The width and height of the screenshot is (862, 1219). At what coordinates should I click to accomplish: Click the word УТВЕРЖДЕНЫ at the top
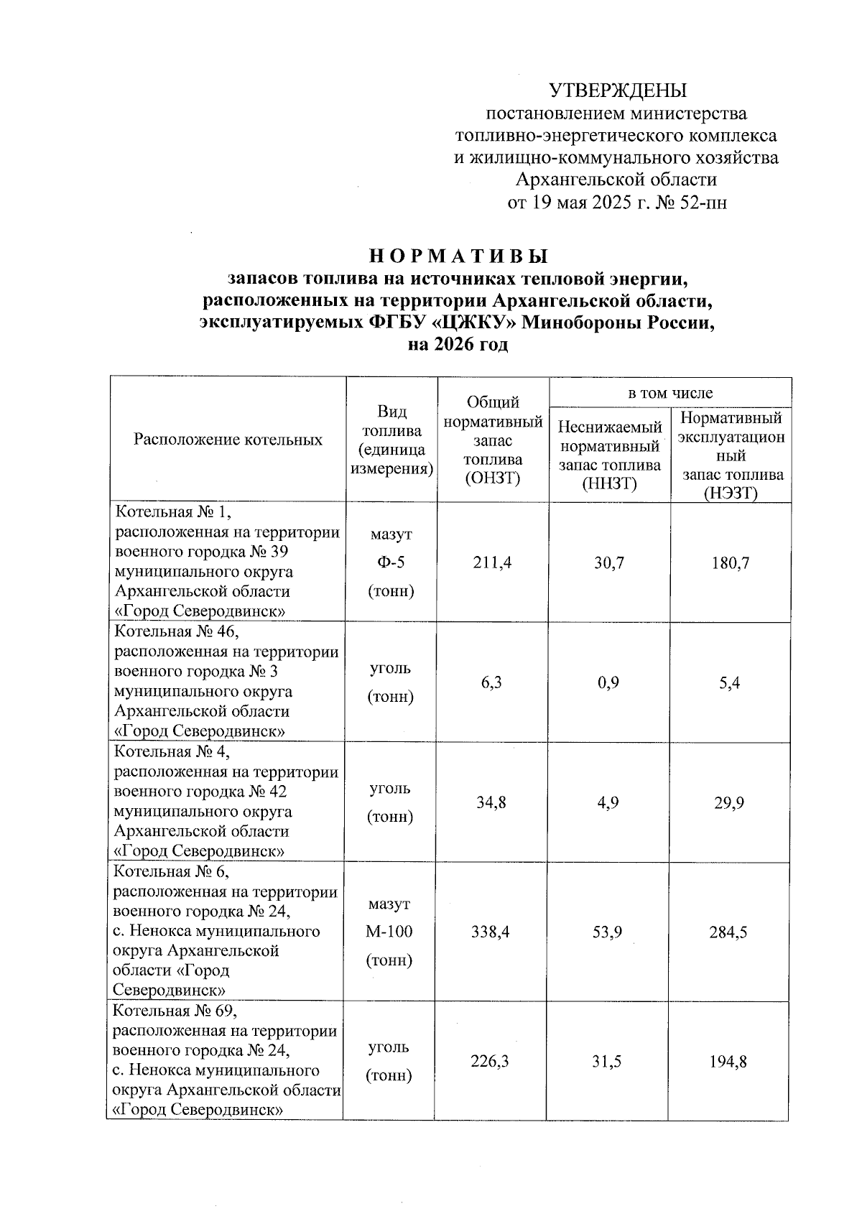(618, 91)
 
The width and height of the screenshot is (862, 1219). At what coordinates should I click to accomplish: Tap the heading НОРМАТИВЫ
(459, 256)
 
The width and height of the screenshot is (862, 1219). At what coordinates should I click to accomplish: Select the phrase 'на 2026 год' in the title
(458, 345)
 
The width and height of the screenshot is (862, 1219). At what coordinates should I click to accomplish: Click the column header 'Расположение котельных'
(228, 440)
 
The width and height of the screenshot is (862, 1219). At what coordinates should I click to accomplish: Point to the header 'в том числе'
(670, 392)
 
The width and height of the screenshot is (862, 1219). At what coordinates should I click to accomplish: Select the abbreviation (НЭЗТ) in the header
(731, 493)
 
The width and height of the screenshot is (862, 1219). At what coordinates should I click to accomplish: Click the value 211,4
(492, 562)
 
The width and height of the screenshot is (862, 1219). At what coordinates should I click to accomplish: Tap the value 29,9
(729, 802)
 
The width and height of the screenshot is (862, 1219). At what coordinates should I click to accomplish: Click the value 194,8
(728, 1061)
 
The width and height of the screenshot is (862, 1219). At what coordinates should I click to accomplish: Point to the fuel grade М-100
(389, 932)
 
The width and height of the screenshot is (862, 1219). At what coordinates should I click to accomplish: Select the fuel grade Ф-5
(390, 562)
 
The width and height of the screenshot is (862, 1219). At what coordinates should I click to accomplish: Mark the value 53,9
(608, 932)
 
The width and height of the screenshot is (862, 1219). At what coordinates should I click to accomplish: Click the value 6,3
(492, 682)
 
